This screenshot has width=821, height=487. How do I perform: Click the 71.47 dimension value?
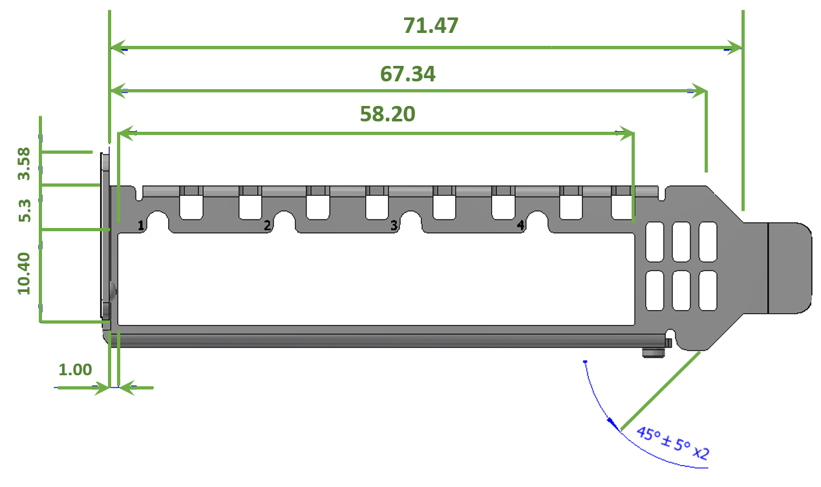tap(431, 26)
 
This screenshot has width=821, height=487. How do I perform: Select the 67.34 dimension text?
tap(407, 74)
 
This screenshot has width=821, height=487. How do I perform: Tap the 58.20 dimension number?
tap(387, 114)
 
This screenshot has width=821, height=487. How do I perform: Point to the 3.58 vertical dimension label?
tap(24, 163)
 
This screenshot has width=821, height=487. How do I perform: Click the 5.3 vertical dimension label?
tap(25, 211)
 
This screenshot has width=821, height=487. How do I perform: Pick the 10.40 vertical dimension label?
tap(24, 273)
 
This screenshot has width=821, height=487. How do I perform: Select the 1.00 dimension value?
tap(75, 369)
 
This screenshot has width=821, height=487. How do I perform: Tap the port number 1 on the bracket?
tap(141, 225)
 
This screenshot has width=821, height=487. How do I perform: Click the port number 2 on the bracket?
tap(267, 225)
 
